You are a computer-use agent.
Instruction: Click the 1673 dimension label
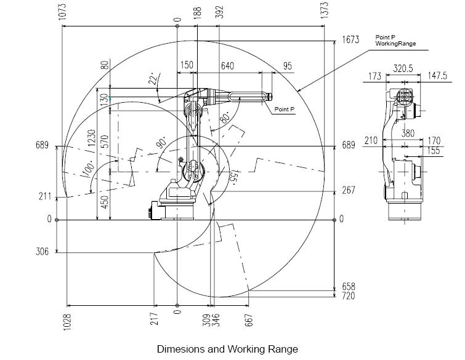350,40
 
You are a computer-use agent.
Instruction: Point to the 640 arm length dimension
228,66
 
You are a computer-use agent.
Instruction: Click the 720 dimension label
349,296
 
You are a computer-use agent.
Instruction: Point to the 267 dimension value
349,191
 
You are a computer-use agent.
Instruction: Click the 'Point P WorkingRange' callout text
395,41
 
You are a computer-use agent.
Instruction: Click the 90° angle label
162,143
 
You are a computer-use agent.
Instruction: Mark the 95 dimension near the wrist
287,66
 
